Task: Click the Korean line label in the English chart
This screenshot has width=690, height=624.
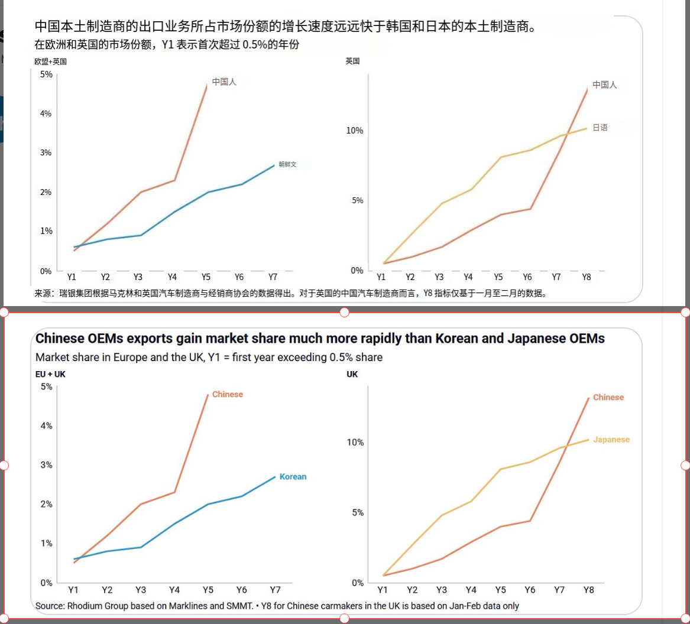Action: pos(293,477)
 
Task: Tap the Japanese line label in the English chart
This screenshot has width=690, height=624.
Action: pos(611,440)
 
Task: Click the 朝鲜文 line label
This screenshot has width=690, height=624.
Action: pos(287,165)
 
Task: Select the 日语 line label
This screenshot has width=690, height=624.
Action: pos(600,128)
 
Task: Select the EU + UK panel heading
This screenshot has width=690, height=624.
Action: pos(50,374)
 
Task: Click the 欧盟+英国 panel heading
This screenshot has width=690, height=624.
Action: pos(50,61)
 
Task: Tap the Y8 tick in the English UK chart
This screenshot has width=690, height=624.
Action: pos(588,590)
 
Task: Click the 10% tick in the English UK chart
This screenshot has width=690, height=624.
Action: pos(355,443)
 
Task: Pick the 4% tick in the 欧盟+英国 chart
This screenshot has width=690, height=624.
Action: pos(46,113)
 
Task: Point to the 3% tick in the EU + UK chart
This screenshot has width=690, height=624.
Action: pos(46,465)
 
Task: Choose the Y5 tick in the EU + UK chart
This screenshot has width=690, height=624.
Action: pos(208,590)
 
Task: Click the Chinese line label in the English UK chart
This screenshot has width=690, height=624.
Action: pos(608,397)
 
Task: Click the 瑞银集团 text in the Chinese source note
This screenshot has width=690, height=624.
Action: pos(76,292)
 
